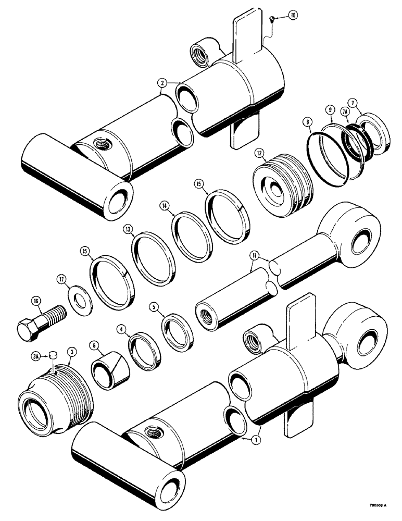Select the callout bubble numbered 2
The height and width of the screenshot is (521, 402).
[162, 82]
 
